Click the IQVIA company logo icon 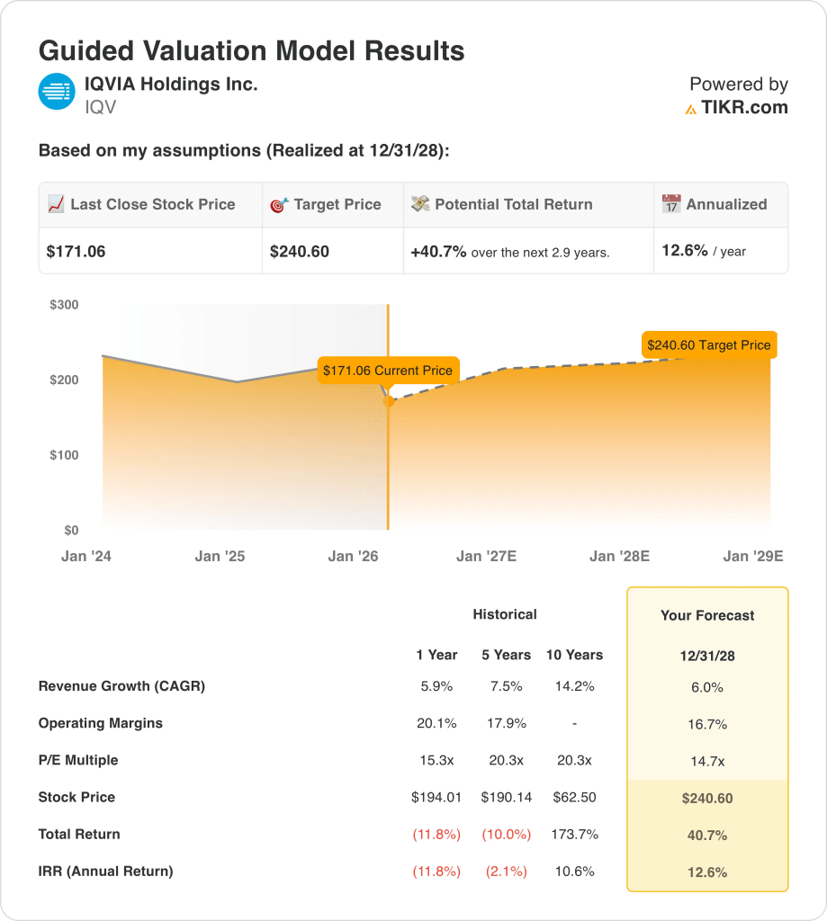(x=57, y=91)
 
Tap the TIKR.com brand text (x=744, y=108)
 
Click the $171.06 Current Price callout (x=388, y=370)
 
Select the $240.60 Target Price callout (x=708, y=344)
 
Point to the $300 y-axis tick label (x=64, y=305)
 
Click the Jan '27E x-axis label (x=486, y=557)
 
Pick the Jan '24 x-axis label (x=86, y=557)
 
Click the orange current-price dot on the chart (x=389, y=401)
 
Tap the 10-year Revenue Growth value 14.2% (x=574, y=686)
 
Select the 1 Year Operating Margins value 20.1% (x=436, y=723)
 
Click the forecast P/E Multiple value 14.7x (x=707, y=761)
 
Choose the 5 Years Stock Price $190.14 (x=507, y=797)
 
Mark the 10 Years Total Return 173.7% (x=574, y=834)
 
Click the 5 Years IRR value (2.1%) (x=507, y=871)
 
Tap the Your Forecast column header (x=707, y=616)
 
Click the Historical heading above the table (x=505, y=614)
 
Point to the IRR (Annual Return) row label (x=105, y=871)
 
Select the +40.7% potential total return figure (x=438, y=252)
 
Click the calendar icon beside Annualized (x=671, y=204)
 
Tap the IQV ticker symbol (x=101, y=108)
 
